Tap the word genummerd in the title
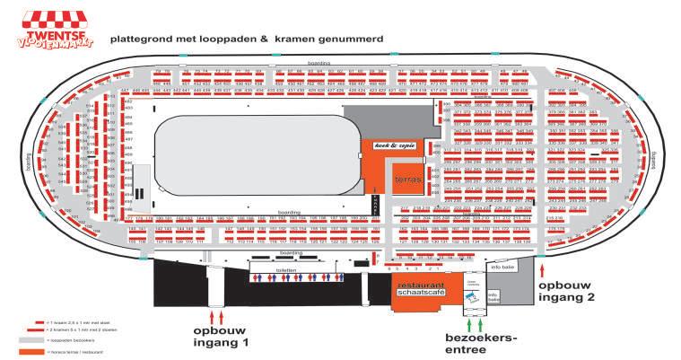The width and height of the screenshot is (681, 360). (x=354, y=40)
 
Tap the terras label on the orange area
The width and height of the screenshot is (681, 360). (x=406, y=180)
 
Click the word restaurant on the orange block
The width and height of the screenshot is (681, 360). (x=422, y=285)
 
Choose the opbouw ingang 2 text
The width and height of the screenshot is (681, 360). (x=563, y=286)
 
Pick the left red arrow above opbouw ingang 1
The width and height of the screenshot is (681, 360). (x=212, y=316)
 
